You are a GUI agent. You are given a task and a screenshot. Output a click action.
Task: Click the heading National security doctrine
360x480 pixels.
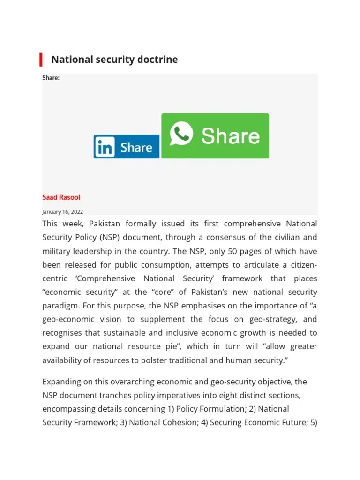[x=114, y=60]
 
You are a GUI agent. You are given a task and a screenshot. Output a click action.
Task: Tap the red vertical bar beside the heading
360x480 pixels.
[x=41, y=60]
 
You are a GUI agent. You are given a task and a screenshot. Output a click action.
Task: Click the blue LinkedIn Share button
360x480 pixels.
[x=126, y=147]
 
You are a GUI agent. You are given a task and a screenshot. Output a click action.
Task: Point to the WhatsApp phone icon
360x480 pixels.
[x=181, y=134]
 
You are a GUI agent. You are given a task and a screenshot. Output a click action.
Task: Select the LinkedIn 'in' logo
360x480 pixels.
[x=105, y=147]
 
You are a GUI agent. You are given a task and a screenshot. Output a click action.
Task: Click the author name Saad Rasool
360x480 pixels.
[x=61, y=197]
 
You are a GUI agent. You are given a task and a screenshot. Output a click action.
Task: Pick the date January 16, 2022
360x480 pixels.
[x=62, y=212]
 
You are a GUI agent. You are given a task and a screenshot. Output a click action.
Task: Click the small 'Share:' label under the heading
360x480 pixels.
[x=51, y=78]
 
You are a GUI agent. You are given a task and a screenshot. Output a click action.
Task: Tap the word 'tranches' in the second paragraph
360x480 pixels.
[x=118, y=395]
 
